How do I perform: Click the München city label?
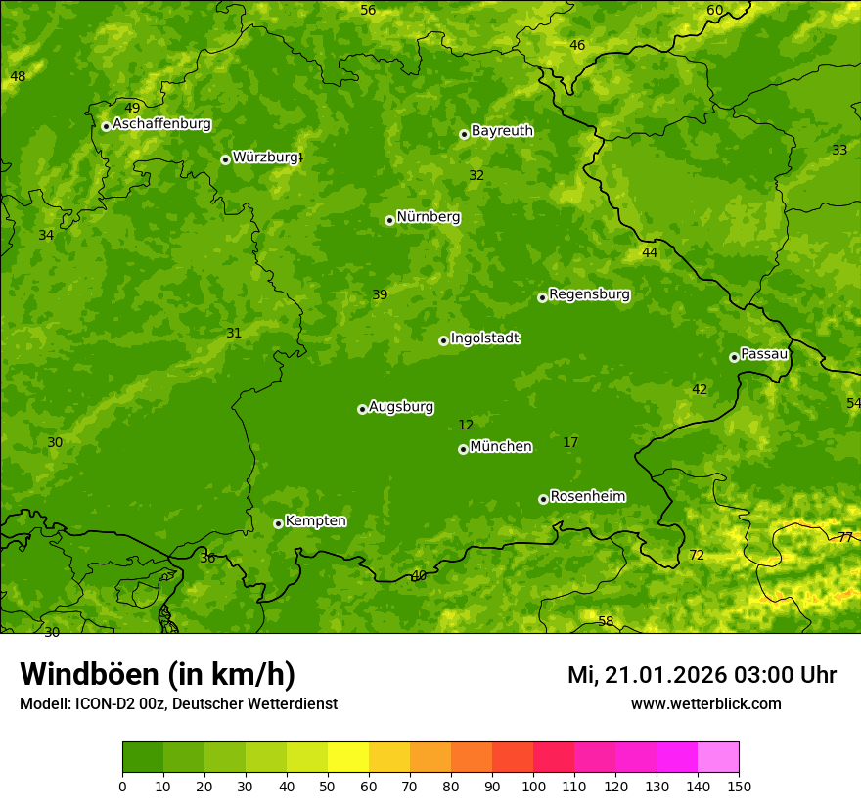point(501,447)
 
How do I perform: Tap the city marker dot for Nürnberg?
point(389,220)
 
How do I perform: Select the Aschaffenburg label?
point(161,124)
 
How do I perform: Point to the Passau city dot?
point(734,357)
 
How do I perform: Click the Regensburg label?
point(589,294)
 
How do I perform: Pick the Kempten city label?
point(315,521)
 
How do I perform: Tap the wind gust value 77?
point(845,537)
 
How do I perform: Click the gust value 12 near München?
point(466,425)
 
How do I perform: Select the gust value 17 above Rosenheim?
point(570,442)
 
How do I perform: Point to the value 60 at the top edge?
point(715,10)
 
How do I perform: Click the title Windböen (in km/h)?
point(158,674)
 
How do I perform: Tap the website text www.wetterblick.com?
point(705,704)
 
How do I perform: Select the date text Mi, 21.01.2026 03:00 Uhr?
point(702,675)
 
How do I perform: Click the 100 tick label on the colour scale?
point(533,786)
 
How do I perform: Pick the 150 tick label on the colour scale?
point(739,786)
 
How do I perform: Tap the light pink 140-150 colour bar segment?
point(718,757)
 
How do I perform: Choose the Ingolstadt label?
point(484,338)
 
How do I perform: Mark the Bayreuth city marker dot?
point(464,134)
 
